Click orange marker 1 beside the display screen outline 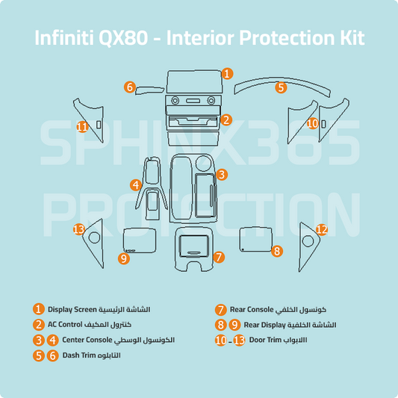pos(228,74)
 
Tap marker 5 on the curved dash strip pos(280,87)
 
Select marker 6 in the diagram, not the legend pos(129,87)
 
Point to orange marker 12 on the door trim pos(322,229)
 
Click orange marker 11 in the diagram pos(82,126)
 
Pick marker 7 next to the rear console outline pos(218,256)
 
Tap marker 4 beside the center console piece pos(135,184)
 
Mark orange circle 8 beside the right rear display pos(277,251)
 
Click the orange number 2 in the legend pos(38,324)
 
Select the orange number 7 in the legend pos(220,309)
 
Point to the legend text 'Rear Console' pos(251,309)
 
